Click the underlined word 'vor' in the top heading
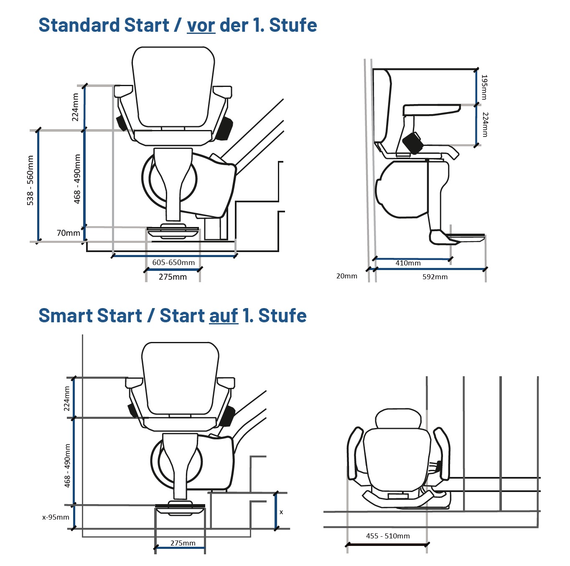tap(201, 25)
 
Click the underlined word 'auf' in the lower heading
tap(224, 316)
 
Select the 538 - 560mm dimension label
tap(30, 180)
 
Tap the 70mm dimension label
tap(68, 233)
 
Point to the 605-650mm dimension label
tap(173, 263)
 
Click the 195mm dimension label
tap(484, 87)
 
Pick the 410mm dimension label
tap(408, 263)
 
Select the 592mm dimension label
tap(435, 277)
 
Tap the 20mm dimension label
tap(346, 276)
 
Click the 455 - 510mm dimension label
tap(388, 536)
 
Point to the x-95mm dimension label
tap(56, 517)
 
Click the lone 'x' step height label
tap(281, 512)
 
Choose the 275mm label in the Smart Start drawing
tap(183, 543)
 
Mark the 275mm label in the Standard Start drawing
tap(173, 277)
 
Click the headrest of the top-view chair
tap(398, 418)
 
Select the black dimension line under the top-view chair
tap(387, 545)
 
